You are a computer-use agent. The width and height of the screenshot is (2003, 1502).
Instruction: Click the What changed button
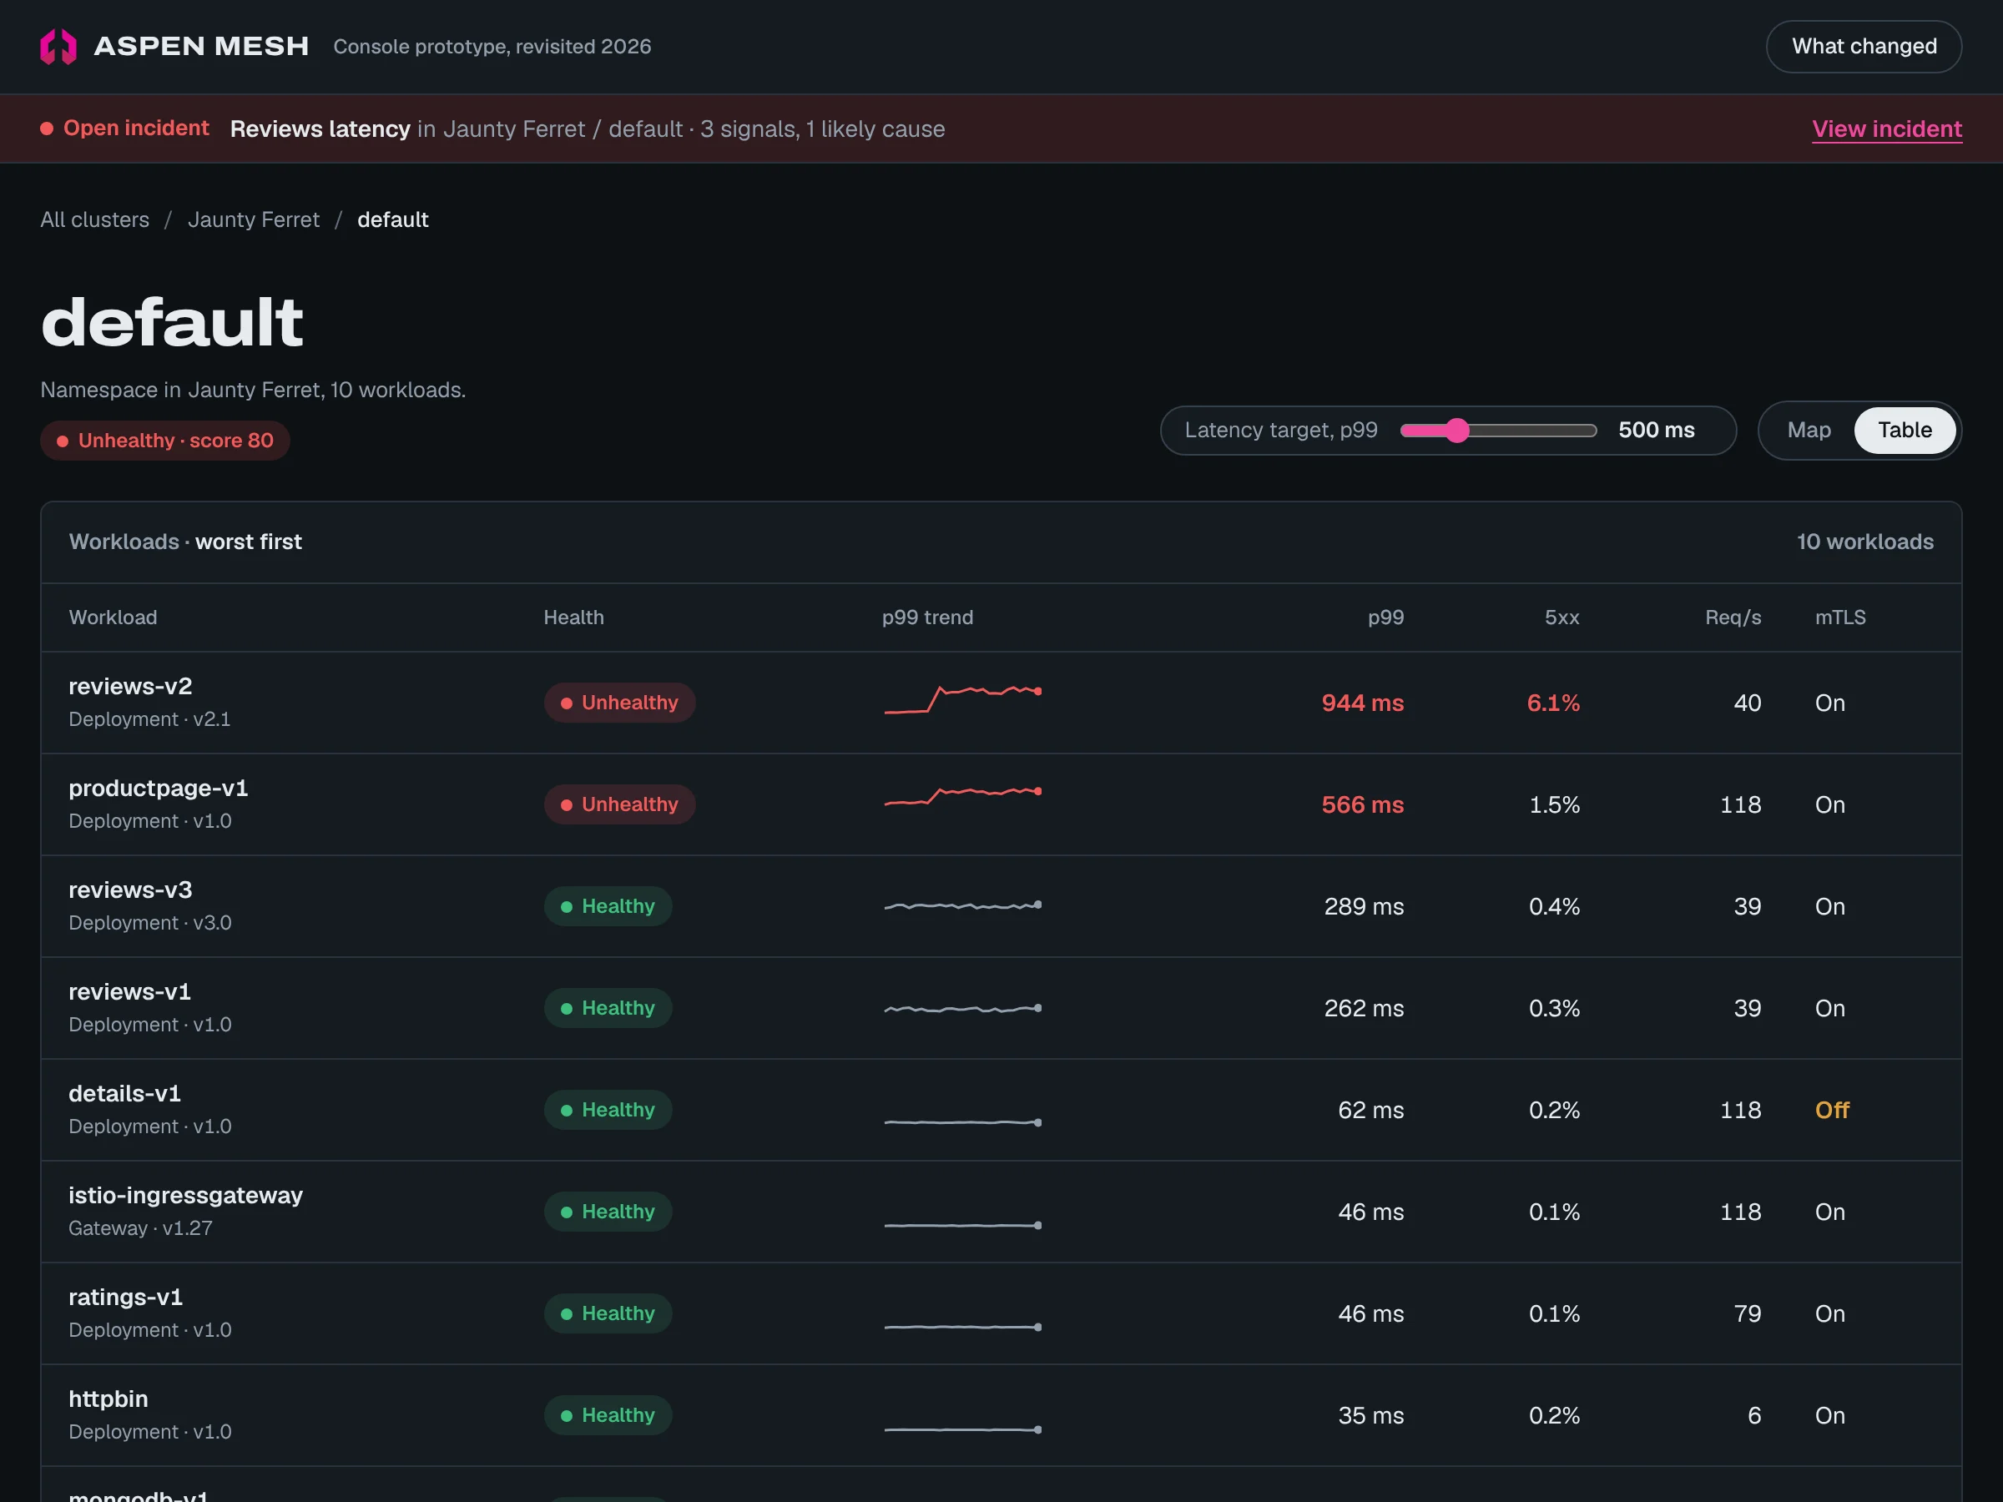[x=1864, y=46]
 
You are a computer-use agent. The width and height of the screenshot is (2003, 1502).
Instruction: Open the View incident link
[x=1886, y=129]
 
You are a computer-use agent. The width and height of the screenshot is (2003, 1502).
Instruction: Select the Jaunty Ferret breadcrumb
[x=254, y=220]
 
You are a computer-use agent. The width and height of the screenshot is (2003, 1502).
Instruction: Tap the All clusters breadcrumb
[x=95, y=220]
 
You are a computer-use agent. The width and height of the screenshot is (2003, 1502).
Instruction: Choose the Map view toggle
[x=1809, y=430]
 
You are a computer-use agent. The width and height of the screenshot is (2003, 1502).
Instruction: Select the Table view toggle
[x=1905, y=430]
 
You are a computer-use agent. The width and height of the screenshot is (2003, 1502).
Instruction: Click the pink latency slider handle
[x=1456, y=430]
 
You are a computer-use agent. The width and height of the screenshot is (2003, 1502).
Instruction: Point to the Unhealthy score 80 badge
[x=164, y=441]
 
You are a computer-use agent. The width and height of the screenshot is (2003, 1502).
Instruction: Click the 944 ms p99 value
[x=1362, y=703]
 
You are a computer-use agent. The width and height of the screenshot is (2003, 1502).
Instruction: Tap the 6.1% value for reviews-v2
[x=1553, y=703]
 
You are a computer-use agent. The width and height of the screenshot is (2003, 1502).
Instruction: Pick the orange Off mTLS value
[x=1832, y=1110]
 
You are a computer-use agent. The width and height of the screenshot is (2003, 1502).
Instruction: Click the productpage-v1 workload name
[x=159, y=788]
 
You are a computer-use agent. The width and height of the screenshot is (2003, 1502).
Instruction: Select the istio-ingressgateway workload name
[x=185, y=1195]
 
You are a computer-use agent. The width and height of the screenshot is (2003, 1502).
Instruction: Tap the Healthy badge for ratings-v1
[x=608, y=1313]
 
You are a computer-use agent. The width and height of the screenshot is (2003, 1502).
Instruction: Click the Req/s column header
[x=1733, y=617]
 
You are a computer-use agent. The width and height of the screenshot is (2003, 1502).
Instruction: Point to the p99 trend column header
[x=927, y=617]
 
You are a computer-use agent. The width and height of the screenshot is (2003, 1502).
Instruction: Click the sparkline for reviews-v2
[x=962, y=699]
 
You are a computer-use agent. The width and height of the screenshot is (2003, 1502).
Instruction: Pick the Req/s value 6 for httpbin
[x=1754, y=1415]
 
